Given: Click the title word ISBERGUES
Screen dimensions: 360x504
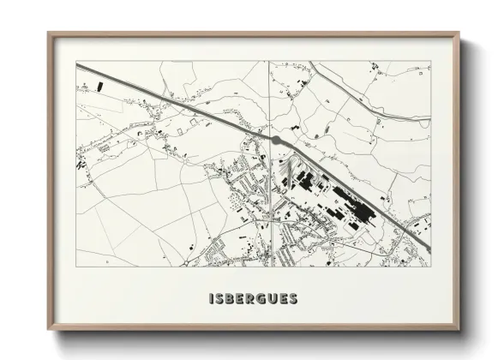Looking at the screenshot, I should pyautogui.click(x=252, y=299).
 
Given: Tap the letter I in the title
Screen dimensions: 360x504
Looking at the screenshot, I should pyautogui.click(x=210, y=299).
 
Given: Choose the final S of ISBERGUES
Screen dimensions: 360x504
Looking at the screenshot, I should pyautogui.click(x=293, y=299).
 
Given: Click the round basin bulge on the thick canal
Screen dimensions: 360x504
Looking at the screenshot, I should pyautogui.click(x=275, y=139).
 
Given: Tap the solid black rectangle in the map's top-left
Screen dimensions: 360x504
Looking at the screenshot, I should pyautogui.click(x=99, y=87).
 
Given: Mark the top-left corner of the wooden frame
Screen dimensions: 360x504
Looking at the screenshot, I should pyautogui.click(x=49, y=33).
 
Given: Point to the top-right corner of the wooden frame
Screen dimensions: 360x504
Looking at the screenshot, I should pyautogui.click(x=456, y=33).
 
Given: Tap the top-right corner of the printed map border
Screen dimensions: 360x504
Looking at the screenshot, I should pyautogui.click(x=429, y=62).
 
